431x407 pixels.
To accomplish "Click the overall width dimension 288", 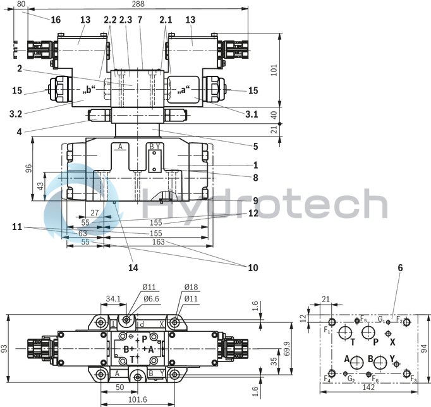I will click(137, 4).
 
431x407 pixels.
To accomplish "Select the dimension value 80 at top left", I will click(21, 4).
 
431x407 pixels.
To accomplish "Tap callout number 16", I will click(56, 20).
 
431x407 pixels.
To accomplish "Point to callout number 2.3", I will click(125, 20).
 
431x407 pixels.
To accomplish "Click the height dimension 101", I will click(274, 70).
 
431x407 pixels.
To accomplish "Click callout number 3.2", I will click(16, 114).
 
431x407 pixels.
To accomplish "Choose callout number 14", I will click(133, 267).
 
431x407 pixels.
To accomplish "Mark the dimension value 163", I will click(158, 242).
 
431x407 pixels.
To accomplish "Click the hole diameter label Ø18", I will click(191, 287).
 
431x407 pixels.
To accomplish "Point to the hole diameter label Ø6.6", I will click(150, 298).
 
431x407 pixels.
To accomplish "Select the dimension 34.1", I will click(113, 298).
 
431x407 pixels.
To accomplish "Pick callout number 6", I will click(400, 267).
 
